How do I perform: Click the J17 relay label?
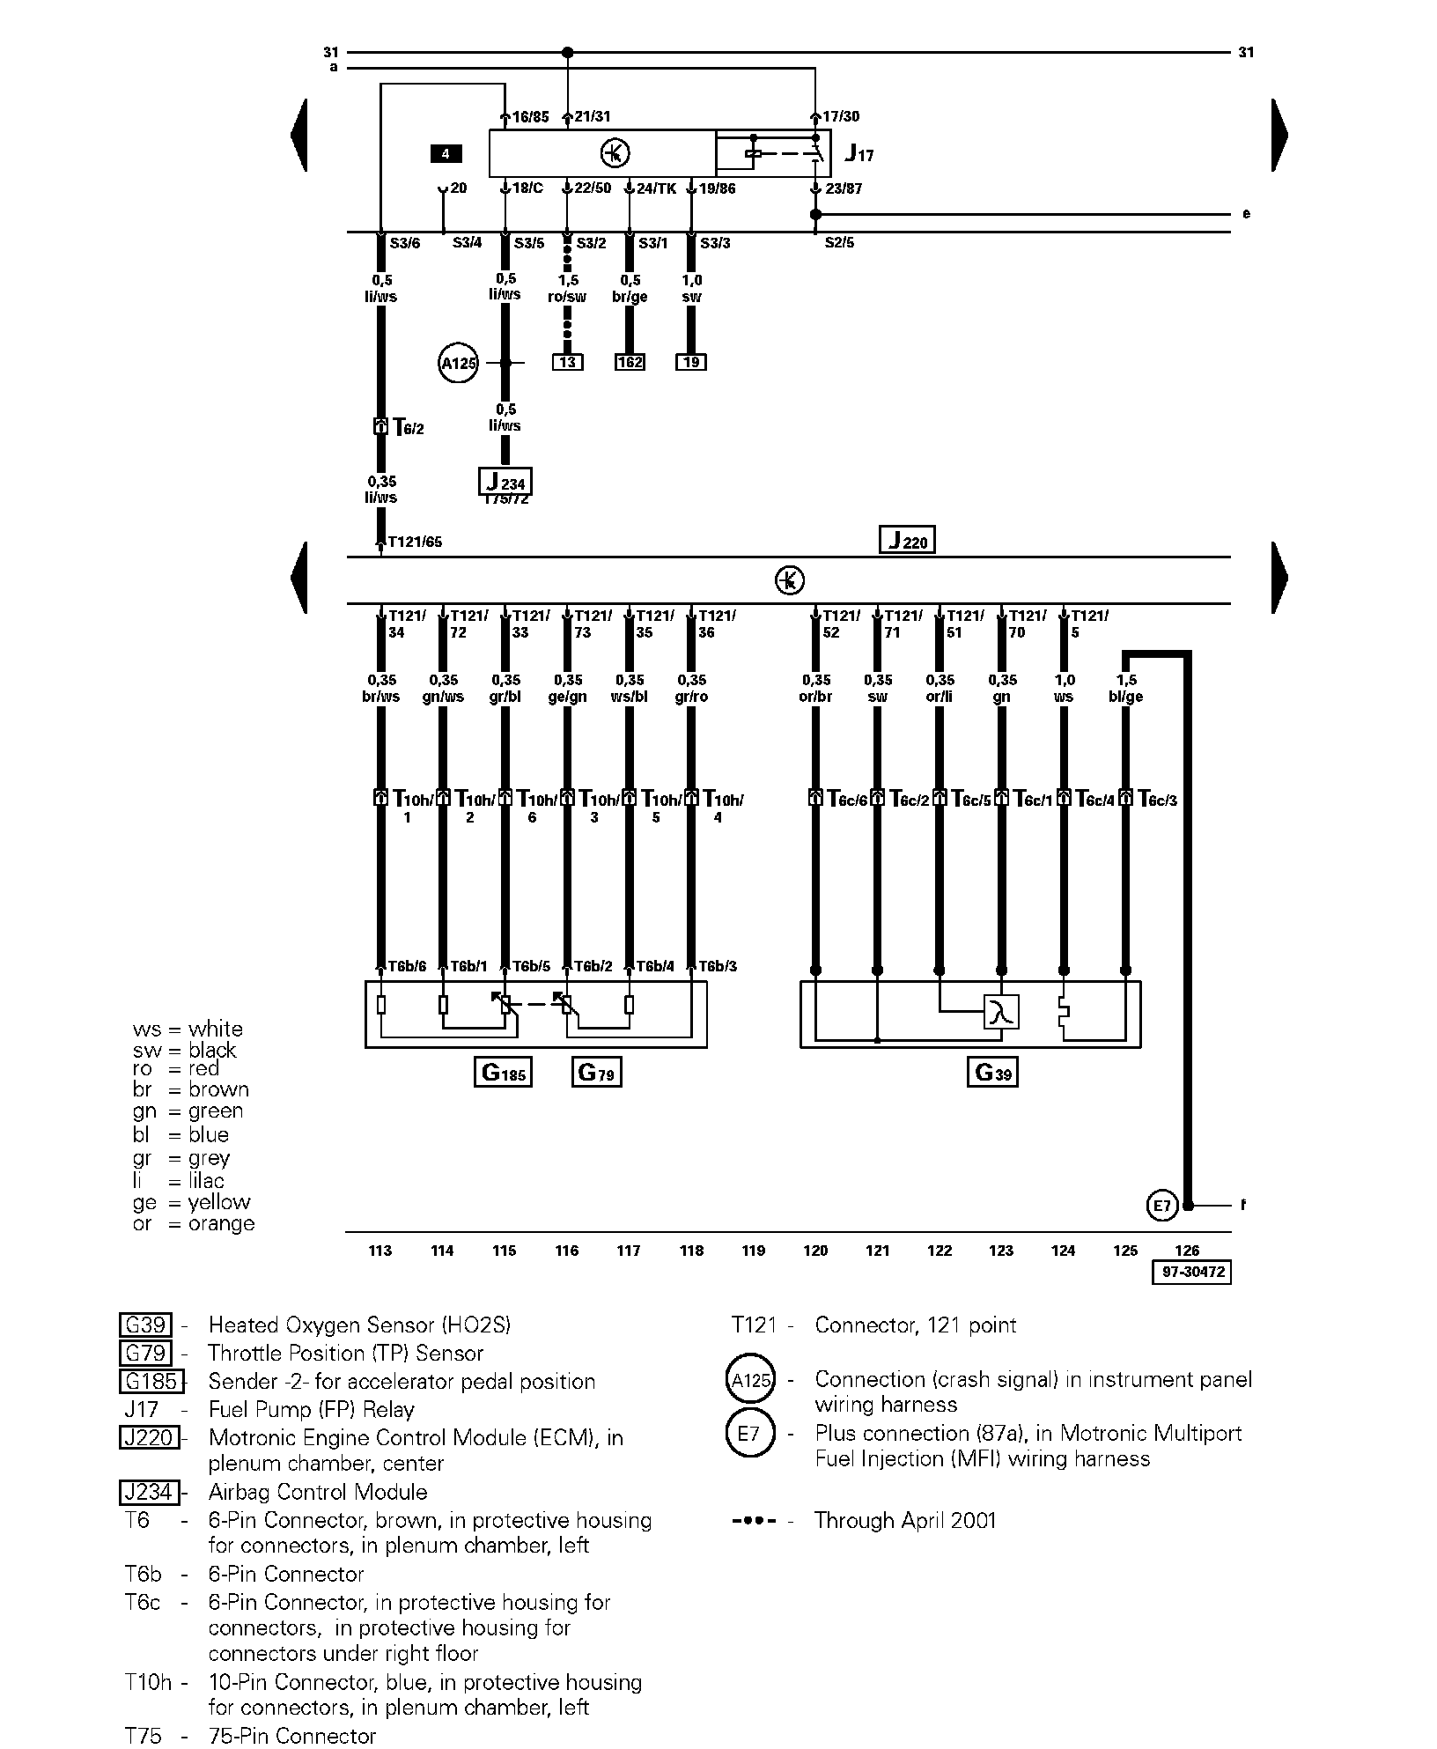click(x=859, y=154)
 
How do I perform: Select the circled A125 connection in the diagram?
click(x=458, y=363)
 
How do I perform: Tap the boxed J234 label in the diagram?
click(x=505, y=482)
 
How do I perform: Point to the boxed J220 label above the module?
click(x=907, y=540)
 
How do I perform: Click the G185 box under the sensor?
click(x=503, y=1073)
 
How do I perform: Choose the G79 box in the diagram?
click(x=597, y=1073)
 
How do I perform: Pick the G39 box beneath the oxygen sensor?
click(x=992, y=1073)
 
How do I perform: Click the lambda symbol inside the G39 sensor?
click(x=1000, y=1012)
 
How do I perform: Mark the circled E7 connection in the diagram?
click(x=1162, y=1205)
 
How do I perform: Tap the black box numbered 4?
click(x=446, y=154)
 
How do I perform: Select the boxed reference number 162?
click(x=630, y=362)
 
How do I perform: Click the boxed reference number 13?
click(x=567, y=362)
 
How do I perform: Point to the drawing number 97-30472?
click(x=1190, y=1273)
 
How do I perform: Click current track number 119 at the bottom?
click(x=754, y=1251)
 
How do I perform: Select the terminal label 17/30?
click(x=840, y=116)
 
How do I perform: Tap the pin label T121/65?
click(x=415, y=542)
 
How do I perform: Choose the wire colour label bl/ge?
click(x=1126, y=697)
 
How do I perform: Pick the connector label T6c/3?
click(x=1157, y=800)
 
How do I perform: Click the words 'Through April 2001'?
click(x=904, y=1520)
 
